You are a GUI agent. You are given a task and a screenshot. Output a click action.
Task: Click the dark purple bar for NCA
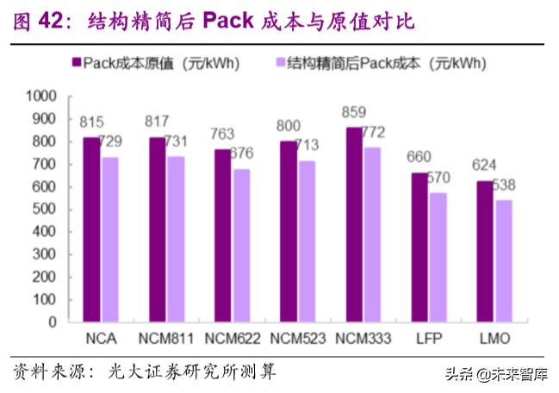click(91, 229)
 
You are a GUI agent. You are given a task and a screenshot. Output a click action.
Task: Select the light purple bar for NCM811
click(175, 239)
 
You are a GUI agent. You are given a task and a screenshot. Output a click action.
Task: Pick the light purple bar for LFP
click(438, 257)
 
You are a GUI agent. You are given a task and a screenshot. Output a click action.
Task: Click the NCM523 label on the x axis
click(296, 338)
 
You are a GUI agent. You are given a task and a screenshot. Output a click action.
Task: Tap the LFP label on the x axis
click(429, 338)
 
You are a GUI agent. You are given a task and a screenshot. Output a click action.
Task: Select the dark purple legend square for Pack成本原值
click(77, 63)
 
